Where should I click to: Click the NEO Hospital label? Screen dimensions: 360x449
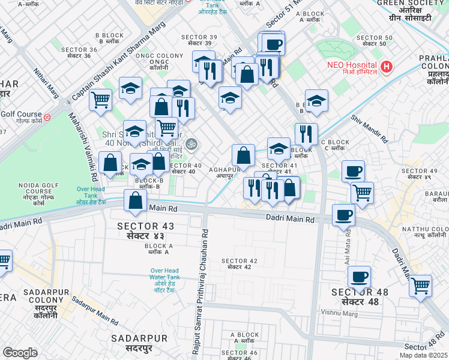[x=351, y=65]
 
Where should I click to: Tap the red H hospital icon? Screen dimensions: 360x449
[x=387, y=65]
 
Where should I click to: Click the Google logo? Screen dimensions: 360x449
[x=20, y=353]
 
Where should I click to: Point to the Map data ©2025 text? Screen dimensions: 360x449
[x=424, y=355]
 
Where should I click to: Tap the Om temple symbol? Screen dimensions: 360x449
[x=191, y=143]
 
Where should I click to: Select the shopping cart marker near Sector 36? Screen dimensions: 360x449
[x=100, y=100]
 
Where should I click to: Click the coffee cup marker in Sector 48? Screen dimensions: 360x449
[x=359, y=277]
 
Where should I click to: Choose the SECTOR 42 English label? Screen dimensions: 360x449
[x=239, y=260]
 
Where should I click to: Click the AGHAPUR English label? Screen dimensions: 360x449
[x=224, y=170]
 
